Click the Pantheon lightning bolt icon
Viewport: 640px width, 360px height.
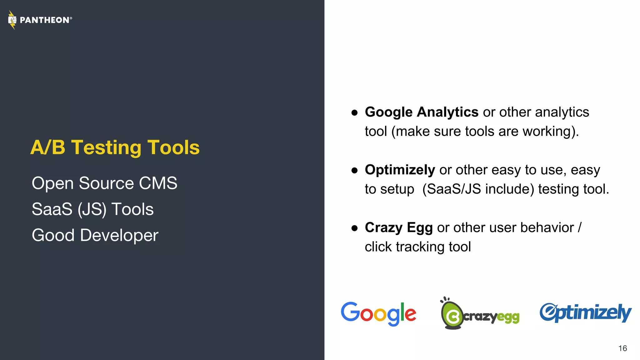coord(12,20)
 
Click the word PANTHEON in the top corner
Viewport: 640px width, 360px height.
coord(44,20)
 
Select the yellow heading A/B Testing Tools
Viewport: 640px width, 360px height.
coord(115,147)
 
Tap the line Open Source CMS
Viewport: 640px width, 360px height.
coord(104,183)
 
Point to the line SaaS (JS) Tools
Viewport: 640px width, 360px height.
coord(92,209)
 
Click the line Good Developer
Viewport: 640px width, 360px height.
coord(95,235)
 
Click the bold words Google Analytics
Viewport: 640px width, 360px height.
coord(422,112)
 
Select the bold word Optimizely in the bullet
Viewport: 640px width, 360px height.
coord(400,170)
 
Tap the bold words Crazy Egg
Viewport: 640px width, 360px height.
coord(398,227)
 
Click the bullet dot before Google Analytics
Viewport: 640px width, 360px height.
coord(354,112)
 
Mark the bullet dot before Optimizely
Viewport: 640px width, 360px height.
coord(354,170)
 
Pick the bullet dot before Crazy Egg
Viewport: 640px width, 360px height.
coord(354,228)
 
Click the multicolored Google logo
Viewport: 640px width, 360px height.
coord(378,313)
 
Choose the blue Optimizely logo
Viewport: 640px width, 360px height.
coord(585,312)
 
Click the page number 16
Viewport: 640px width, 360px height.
coord(622,348)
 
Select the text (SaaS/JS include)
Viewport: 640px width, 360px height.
coord(478,189)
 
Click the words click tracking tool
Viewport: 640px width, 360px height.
coord(417,247)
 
